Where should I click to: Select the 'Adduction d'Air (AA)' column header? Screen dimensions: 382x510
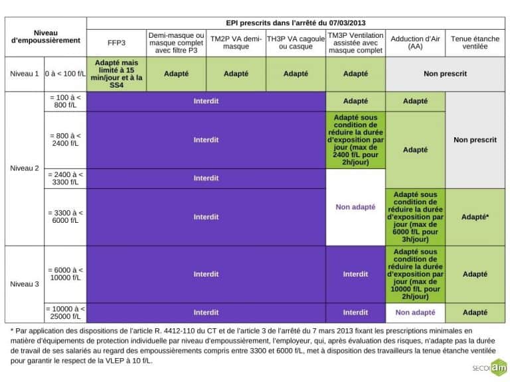click(415, 42)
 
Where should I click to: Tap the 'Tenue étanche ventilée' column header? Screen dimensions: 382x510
click(475, 42)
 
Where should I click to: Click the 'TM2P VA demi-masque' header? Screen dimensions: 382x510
click(236, 42)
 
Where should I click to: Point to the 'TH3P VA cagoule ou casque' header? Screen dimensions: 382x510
click(296, 42)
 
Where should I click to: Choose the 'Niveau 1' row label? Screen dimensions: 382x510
click(25, 74)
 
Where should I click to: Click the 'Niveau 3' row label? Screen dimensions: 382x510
click(25, 284)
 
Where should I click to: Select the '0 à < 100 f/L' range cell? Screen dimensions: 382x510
click(65, 74)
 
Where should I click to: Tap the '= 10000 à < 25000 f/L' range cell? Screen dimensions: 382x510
click(65, 312)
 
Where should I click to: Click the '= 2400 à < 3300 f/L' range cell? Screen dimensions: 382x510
click(65, 178)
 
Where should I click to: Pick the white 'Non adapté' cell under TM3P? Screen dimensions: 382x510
click(355, 207)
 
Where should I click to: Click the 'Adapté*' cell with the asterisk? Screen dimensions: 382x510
click(475, 217)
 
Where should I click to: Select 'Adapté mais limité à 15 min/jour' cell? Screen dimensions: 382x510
click(116, 74)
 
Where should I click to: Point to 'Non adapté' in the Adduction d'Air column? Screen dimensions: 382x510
click(415, 312)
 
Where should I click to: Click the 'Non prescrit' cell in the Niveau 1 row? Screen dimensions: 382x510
click(445, 74)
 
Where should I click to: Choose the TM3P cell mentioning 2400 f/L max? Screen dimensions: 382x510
click(355, 140)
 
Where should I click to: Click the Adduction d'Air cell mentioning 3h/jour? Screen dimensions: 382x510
click(415, 217)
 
